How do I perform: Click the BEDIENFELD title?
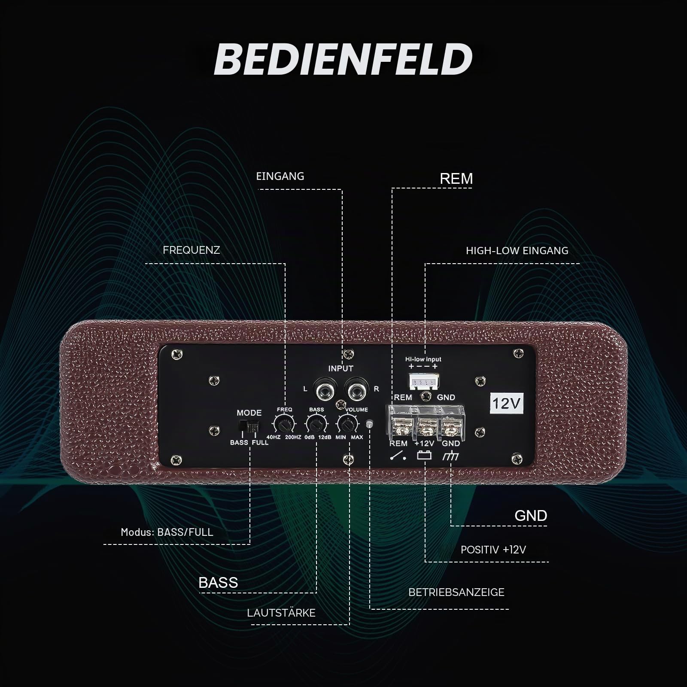[x=343, y=59]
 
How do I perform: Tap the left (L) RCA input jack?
[x=325, y=389]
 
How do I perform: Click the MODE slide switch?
[x=249, y=427]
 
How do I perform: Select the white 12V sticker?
[x=507, y=403]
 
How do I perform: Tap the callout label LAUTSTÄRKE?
[x=281, y=613]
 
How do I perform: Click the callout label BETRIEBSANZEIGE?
[x=456, y=592]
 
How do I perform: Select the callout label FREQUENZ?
[x=192, y=250]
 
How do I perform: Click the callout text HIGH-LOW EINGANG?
[x=517, y=250]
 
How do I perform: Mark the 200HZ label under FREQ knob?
[x=293, y=438]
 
